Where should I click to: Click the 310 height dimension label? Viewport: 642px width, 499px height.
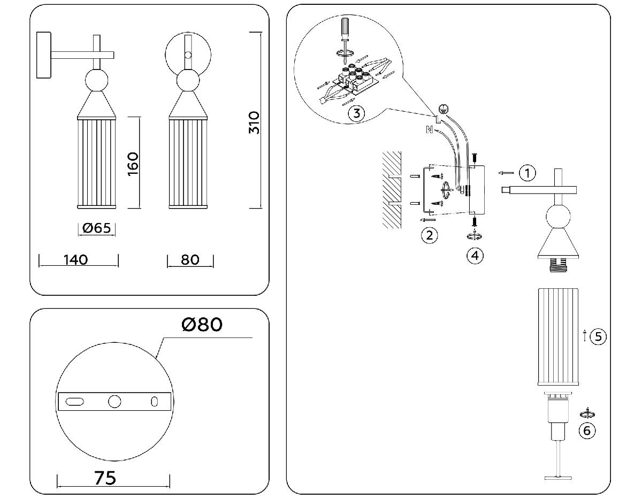click(254, 122)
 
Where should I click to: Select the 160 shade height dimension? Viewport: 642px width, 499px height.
click(133, 164)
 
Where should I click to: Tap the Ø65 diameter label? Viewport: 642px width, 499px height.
click(97, 228)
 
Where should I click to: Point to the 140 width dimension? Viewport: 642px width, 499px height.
click(75, 260)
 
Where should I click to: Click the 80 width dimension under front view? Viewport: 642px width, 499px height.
click(190, 260)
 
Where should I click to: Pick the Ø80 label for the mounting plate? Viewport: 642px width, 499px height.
click(202, 324)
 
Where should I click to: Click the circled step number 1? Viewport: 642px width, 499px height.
click(528, 173)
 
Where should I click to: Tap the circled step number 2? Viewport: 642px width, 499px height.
click(429, 235)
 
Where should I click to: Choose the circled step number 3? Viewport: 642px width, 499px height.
click(356, 113)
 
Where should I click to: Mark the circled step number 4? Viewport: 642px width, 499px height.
click(474, 255)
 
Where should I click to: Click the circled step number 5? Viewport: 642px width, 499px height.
click(598, 336)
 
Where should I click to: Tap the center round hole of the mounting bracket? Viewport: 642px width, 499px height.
click(114, 401)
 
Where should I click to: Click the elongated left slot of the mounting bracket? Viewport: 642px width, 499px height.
click(75, 401)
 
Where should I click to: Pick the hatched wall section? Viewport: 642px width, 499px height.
click(392, 190)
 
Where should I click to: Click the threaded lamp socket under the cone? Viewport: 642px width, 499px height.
click(557, 264)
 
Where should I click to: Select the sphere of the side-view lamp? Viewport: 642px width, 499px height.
click(97, 81)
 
